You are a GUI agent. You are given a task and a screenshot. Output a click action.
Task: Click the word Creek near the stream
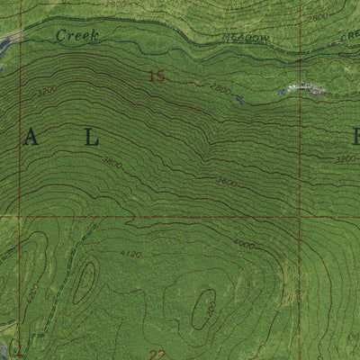coord(76,35)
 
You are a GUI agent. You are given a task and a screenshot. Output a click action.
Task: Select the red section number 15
coord(157,77)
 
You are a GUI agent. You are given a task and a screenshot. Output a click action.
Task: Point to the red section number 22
coord(157,354)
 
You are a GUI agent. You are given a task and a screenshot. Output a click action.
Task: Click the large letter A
coord(32,137)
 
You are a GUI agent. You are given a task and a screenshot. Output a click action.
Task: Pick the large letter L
coord(91,137)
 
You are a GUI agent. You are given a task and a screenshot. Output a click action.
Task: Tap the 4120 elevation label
coord(131,255)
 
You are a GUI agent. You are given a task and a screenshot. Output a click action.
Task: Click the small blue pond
coord(239,100)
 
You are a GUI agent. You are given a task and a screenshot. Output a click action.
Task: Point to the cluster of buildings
coord(304,88)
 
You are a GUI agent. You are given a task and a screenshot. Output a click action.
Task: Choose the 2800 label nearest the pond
coord(221,87)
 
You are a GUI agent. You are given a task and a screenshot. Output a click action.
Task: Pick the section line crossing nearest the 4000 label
coord(300,216)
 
